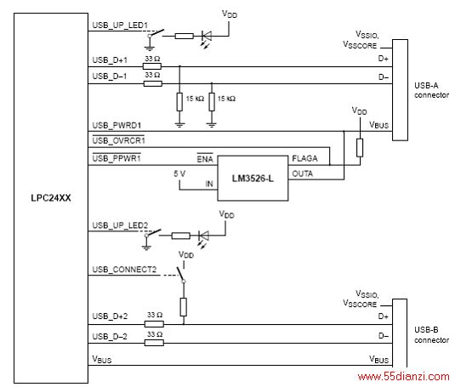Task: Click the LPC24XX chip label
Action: click(x=51, y=198)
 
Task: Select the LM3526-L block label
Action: click(x=253, y=179)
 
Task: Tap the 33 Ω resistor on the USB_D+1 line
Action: click(x=152, y=66)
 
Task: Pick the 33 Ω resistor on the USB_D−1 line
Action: click(x=153, y=84)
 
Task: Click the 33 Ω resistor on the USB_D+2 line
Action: click(x=154, y=324)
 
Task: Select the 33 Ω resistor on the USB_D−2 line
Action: click(x=154, y=343)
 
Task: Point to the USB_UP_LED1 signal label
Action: click(x=120, y=26)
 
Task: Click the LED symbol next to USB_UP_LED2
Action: click(x=204, y=236)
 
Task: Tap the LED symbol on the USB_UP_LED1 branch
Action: click(x=207, y=37)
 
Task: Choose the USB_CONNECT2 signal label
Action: click(x=124, y=270)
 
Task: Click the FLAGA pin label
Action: click(x=304, y=158)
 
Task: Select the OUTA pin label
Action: click(x=303, y=174)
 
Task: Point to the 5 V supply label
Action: click(x=179, y=174)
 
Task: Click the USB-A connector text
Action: click(x=431, y=90)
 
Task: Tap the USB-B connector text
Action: click(x=431, y=335)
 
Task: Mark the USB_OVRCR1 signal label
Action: click(x=118, y=140)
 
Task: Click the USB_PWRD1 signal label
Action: click(x=117, y=125)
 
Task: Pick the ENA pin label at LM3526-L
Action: click(x=205, y=159)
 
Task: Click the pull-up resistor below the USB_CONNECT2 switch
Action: click(x=184, y=307)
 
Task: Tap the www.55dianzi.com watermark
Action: click(x=404, y=377)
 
